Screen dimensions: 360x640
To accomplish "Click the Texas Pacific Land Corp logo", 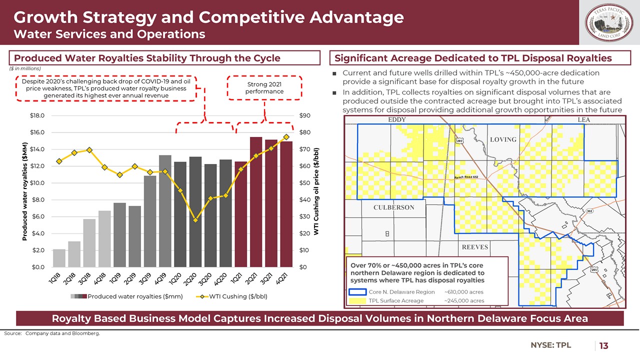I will click(608, 23).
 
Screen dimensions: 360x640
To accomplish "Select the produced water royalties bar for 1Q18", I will click(59, 258).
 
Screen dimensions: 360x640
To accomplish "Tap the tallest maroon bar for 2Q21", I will click(256, 202).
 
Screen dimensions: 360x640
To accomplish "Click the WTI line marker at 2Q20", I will click(195, 220).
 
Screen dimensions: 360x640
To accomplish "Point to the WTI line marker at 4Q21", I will click(286, 136).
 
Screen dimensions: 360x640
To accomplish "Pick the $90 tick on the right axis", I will click(304, 115).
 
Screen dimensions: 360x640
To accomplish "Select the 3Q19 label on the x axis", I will click(145, 276).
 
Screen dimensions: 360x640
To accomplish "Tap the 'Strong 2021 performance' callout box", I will click(265, 88).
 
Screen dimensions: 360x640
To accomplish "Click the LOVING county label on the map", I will click(502, 139).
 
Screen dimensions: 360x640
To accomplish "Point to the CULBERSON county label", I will click(393, 207).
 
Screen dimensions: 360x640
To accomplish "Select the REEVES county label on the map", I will click(474, 247).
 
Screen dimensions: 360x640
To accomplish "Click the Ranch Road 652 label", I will click(469, 177).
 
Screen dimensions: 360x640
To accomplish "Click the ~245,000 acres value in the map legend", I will click(464, 300).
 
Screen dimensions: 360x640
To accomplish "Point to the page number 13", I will click(603, 345).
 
